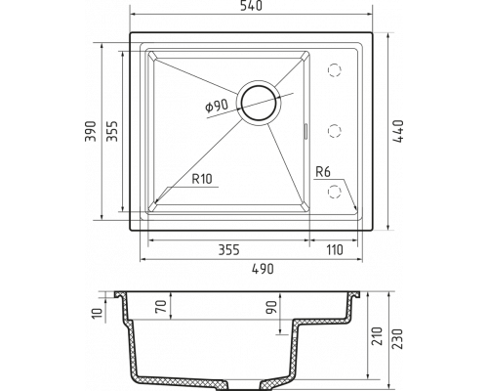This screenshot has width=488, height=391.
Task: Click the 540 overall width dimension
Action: point(251,6)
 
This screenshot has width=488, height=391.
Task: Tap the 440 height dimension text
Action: point(398,131)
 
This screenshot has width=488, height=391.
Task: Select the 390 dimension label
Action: point(91,131)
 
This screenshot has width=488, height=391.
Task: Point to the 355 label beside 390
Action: point(112,131)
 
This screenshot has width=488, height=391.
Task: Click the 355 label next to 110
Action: point(228,250)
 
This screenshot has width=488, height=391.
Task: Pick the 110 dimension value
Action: point(335,250)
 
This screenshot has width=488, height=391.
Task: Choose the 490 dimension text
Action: point(263,269)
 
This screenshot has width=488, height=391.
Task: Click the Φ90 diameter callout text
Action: point(217,106)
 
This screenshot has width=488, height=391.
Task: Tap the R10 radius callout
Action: point(202,179)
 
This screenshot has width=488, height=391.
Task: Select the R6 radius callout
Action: point(323,172)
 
